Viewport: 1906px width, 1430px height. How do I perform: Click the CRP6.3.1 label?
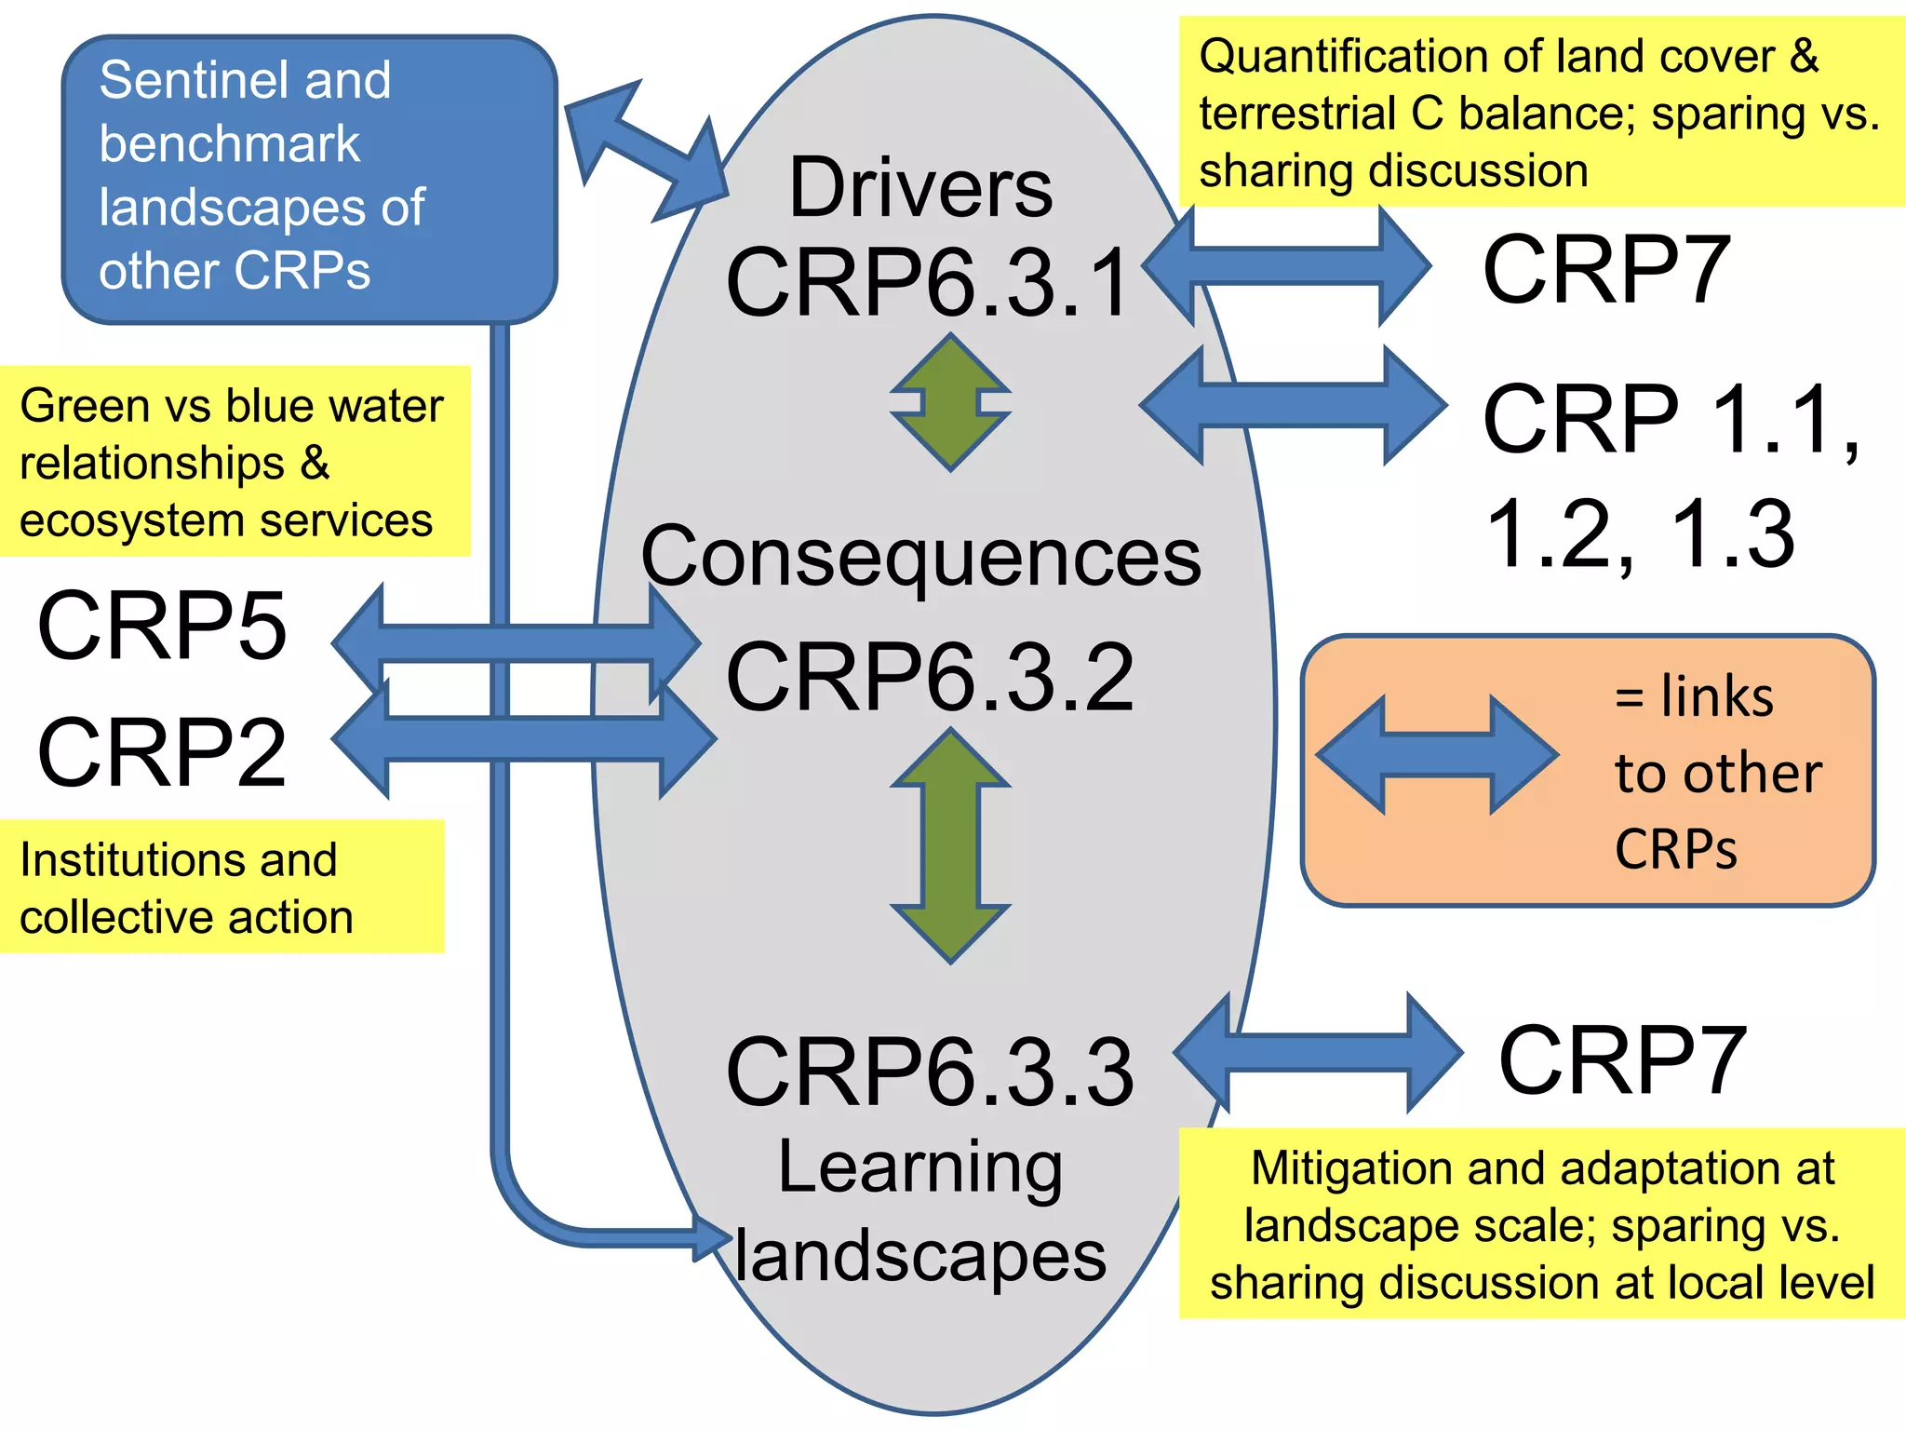point(928,282)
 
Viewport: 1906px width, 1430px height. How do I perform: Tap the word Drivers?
point(920,188)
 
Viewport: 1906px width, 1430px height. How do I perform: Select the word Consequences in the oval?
point(920,556)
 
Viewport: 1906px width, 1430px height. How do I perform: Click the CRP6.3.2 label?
point(930,677)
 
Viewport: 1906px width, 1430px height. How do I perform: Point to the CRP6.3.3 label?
point(930,1072)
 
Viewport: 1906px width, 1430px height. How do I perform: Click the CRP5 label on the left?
point(162,626)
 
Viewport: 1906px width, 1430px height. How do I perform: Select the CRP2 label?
point(162,752)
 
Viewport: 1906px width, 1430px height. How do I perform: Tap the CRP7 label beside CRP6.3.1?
point(1606,269)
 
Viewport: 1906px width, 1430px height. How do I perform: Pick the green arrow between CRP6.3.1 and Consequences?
point(950,402)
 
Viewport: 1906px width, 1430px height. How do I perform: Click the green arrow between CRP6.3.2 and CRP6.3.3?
point(950,845)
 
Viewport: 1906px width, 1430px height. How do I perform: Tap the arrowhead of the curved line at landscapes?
point(713,1237)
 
